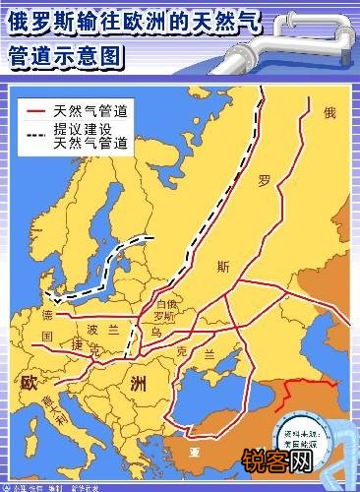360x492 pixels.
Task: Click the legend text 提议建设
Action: coord(87,129)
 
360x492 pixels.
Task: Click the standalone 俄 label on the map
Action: coord(329,114)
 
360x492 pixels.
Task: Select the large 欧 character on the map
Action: coord(29,381)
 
